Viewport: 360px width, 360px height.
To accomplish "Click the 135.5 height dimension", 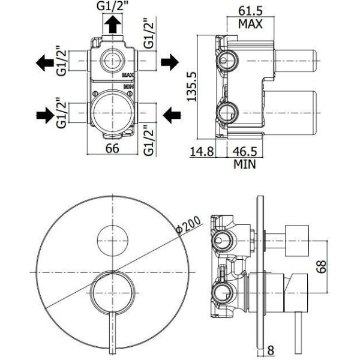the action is click(192, 86).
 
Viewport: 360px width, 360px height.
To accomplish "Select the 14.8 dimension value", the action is click(202, 151).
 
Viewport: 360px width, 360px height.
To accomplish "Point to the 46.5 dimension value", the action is click(245, 151).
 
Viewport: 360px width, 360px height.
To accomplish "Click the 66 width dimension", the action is click(112, 148).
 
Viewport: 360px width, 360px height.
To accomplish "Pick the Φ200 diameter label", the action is click(188, 225).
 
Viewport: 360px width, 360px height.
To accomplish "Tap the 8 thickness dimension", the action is click(271, 350).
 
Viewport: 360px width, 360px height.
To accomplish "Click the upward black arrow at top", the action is click(113, 24).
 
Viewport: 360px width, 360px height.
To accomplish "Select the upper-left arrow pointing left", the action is click(45, 62).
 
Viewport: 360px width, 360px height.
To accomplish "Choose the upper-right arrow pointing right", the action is click(170, 62).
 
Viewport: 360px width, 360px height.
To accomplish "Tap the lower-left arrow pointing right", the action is click(45, 115).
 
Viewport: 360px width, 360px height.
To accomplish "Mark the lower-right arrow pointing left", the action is click(172, 115).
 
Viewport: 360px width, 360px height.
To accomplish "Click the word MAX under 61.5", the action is click(250, 24).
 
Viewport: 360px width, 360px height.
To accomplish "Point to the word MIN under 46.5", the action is click(245, 164).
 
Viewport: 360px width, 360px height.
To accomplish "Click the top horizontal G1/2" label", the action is click(112, 6).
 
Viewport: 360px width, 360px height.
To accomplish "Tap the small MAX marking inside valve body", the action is click(128, 75).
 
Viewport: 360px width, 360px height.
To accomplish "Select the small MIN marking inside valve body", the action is click(129, 86).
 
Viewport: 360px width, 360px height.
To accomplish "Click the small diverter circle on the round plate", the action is click(113, 241).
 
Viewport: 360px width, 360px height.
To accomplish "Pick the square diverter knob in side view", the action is click(296, 241).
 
